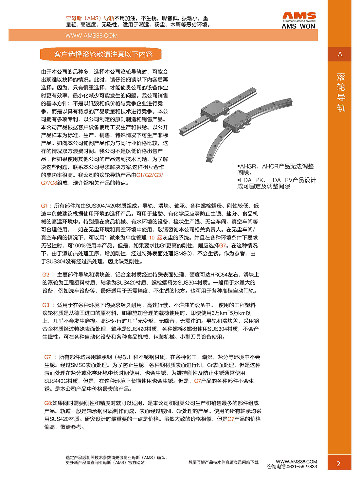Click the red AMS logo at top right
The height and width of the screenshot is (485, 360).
[x=299, y=15]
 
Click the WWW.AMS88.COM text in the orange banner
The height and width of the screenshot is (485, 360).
[x=91, y=36]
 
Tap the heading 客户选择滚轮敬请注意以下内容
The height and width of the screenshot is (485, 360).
[x=103, y=54]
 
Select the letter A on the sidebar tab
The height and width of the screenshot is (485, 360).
[x=340, y=54]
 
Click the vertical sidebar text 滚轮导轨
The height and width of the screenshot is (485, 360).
[x=341, y=92]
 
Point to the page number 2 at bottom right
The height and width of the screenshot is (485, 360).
[x=338, y=464]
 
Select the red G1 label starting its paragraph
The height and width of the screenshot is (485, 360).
[x=44, y=206]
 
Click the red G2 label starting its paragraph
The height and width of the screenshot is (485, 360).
[x=46, y=275]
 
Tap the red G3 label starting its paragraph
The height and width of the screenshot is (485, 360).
[x=46, y=305]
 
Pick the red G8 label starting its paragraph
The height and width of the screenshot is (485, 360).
[x=48, y=403]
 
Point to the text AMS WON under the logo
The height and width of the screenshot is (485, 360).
[x=298, y=27]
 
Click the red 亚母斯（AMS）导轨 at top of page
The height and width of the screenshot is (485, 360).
[x=90, y=18]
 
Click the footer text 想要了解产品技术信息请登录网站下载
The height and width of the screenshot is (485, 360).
[x=223, y=462]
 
